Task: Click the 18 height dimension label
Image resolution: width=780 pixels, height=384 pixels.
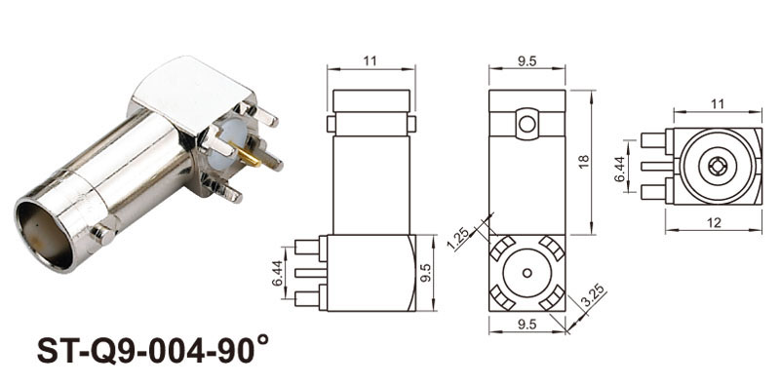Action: click(584, 162)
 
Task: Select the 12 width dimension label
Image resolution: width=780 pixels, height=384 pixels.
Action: click(714, 222)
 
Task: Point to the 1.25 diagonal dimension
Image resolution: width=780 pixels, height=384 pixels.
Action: click(459, 240)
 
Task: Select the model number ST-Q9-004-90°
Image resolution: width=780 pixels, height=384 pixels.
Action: click(153, 350)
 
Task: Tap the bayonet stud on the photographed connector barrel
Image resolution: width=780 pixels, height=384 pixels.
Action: click(103, 234)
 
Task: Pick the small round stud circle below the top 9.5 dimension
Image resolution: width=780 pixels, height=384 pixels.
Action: click(526, 124)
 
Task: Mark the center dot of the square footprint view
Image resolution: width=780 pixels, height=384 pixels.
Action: click(526, 273)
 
